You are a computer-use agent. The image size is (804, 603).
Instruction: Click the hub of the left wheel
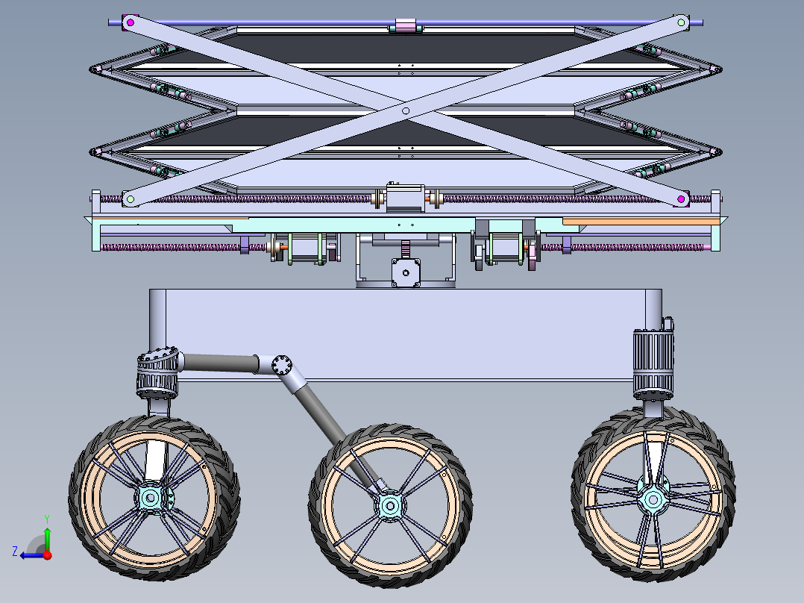click(x=151, y=497)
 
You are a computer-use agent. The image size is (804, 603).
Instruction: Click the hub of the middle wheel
click(x=389, y=505)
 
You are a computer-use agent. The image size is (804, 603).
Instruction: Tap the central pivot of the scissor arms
click(x=406, y=110)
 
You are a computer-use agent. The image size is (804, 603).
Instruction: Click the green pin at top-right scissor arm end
click(x=681, y=23)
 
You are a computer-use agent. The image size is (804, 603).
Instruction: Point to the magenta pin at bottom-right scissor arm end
click(x=682, y=199)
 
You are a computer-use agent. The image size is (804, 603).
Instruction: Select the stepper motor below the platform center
click(x=405, y=272)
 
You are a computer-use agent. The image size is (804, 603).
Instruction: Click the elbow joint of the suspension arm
click(x=283, y=366)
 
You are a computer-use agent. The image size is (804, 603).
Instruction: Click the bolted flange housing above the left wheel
click(x=158, y=373)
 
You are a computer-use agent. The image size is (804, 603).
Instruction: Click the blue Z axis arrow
click(x=30, y=554)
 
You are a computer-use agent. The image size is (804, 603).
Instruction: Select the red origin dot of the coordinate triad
click(x=47, y=555)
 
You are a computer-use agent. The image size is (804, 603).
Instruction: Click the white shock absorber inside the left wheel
click(x=157, y=460)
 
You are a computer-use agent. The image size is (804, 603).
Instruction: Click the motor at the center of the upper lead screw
click(x=405, y=199)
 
